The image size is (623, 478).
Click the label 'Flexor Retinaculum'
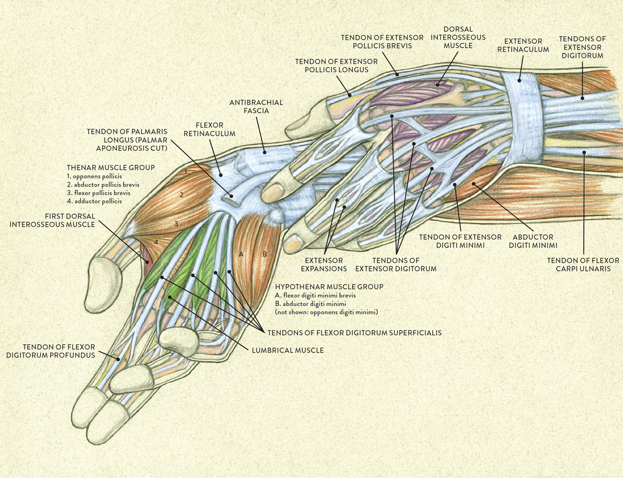coord(209,129)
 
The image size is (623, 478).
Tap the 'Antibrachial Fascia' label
coord(256,106)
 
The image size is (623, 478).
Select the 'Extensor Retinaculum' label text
coord(523,45)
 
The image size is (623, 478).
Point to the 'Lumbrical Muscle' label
coord(288,350)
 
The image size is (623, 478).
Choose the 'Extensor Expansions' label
coord(324,265)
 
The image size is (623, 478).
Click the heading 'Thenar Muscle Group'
coord(111,168)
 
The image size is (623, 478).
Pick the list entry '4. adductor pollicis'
coord(94,201)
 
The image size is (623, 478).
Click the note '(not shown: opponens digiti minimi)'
coord(326,312)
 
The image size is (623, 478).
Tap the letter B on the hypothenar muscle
coord(265,254)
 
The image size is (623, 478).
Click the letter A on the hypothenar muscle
coord(241,254)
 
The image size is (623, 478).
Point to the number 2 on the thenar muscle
coord(182,194)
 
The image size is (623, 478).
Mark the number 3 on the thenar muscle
coord(176,223)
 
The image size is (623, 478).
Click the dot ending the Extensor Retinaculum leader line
coord(519,81)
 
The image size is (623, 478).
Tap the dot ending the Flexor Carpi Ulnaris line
coord(584,152)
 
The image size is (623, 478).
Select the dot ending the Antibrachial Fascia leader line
coord(265,152)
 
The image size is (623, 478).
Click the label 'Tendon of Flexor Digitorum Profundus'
coord(50,351)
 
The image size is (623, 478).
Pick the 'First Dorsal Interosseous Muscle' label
coord(52,220)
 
